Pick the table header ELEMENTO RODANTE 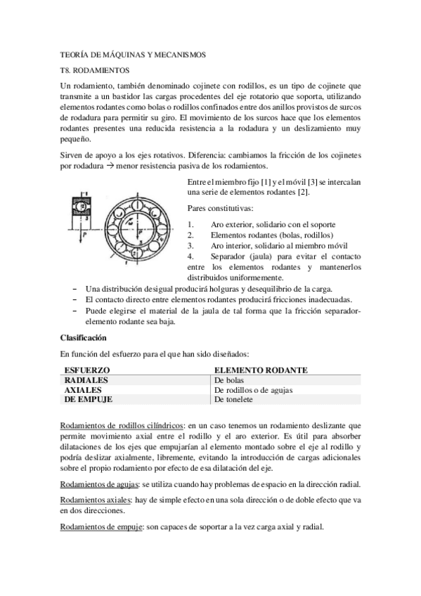tap(261, 370)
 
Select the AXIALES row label tap(83, 389)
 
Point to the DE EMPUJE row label tap(89, 399)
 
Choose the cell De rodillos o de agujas tap(253, 389)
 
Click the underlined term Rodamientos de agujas tap(101, 485)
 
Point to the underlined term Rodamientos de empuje tap(101, 526)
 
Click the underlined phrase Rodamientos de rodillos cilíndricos tap(123, 425)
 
